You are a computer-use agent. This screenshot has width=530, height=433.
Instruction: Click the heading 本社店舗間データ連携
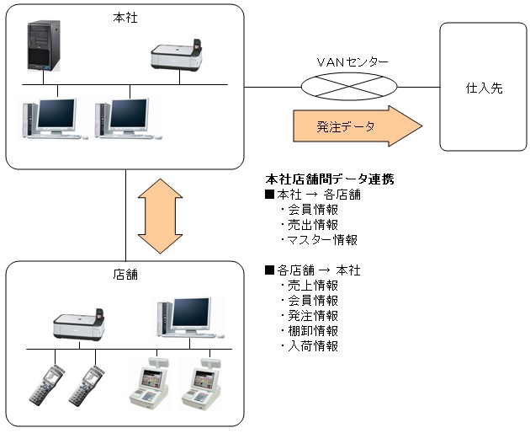click(x=329, y=179)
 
